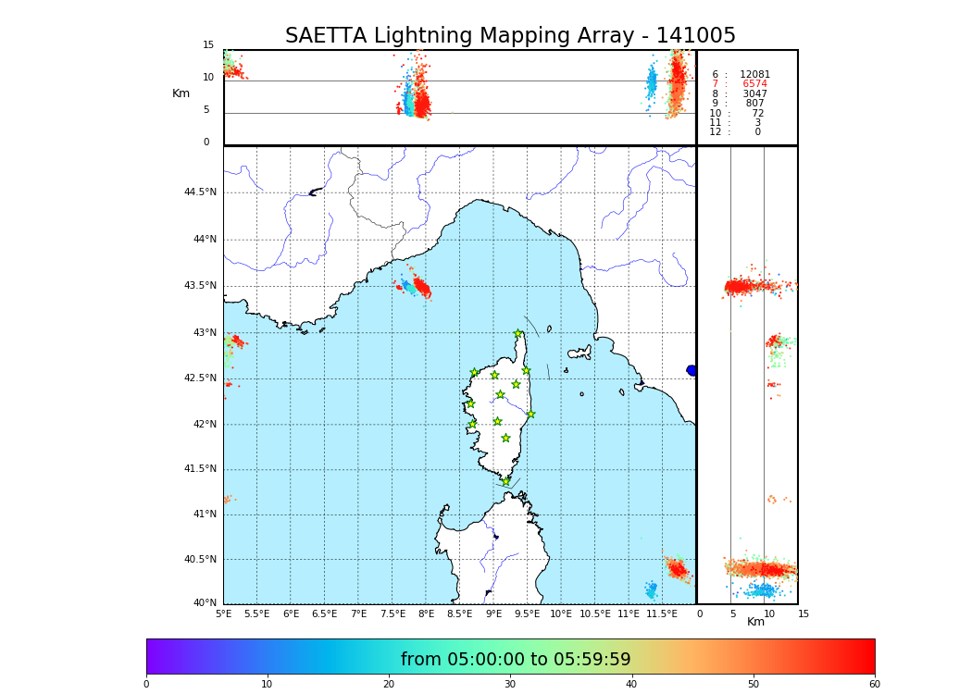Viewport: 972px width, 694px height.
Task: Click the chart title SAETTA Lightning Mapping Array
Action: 510,36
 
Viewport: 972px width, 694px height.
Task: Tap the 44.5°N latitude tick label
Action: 200,192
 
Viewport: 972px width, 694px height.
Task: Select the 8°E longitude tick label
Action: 426,613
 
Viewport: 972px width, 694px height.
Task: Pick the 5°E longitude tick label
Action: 223,613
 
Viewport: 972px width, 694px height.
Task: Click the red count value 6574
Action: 754,84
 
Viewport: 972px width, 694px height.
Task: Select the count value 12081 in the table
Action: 754,75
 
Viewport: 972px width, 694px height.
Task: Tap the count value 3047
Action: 754,94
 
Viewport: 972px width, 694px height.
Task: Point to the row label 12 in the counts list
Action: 715,132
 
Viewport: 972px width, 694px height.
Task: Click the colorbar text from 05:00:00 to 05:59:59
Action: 516,660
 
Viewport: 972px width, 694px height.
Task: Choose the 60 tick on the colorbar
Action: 874,685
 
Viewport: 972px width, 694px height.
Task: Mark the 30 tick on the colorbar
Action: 510,685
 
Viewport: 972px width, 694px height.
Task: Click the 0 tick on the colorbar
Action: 146,685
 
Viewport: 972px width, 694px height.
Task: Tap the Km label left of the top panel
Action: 181,93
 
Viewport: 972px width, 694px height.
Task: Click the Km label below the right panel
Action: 756,622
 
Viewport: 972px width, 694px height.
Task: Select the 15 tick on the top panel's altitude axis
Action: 208,45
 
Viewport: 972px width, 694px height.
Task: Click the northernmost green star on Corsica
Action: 518,334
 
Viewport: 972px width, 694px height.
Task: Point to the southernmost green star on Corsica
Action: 505,481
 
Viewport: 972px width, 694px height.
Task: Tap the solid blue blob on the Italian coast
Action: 692,370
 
